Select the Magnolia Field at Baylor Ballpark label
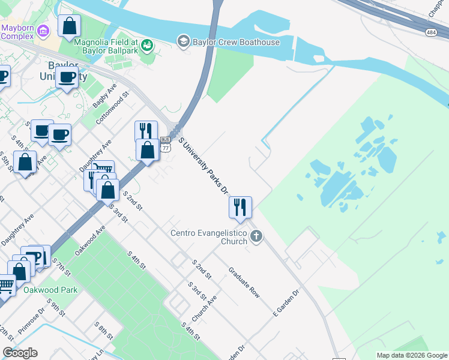(106, 46)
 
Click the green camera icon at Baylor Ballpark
(146, 45)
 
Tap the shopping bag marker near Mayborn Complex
(70, 26)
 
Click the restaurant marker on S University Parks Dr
(240, 208)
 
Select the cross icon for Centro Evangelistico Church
(256, 236)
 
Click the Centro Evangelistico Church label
(209, 237)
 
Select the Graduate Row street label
(244, 283)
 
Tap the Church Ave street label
(205, 308)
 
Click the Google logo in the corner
(20, 353)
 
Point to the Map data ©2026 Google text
(412, 355)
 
